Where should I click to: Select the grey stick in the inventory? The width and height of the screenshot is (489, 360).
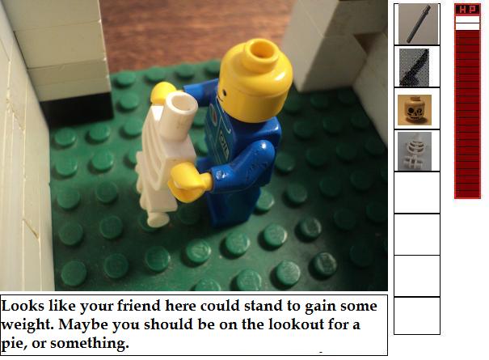pos(418,24)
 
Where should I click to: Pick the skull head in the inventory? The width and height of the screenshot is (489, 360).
pos(415,109)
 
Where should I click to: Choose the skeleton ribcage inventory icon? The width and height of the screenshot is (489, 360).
pos(415,151)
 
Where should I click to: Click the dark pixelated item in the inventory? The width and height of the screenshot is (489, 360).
pos(414,67)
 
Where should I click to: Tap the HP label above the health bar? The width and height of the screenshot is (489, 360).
pos(467,10)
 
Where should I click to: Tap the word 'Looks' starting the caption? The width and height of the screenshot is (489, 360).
pos(23,306)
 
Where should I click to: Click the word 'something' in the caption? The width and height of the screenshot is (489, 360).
pos(90,344)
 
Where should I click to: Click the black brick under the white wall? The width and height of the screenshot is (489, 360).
pos(77,109)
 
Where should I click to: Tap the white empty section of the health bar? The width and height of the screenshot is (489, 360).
pos(467,23)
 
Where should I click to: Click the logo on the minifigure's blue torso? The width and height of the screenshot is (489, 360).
pos(214,113)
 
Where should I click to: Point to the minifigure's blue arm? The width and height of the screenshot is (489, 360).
pos(247,166)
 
